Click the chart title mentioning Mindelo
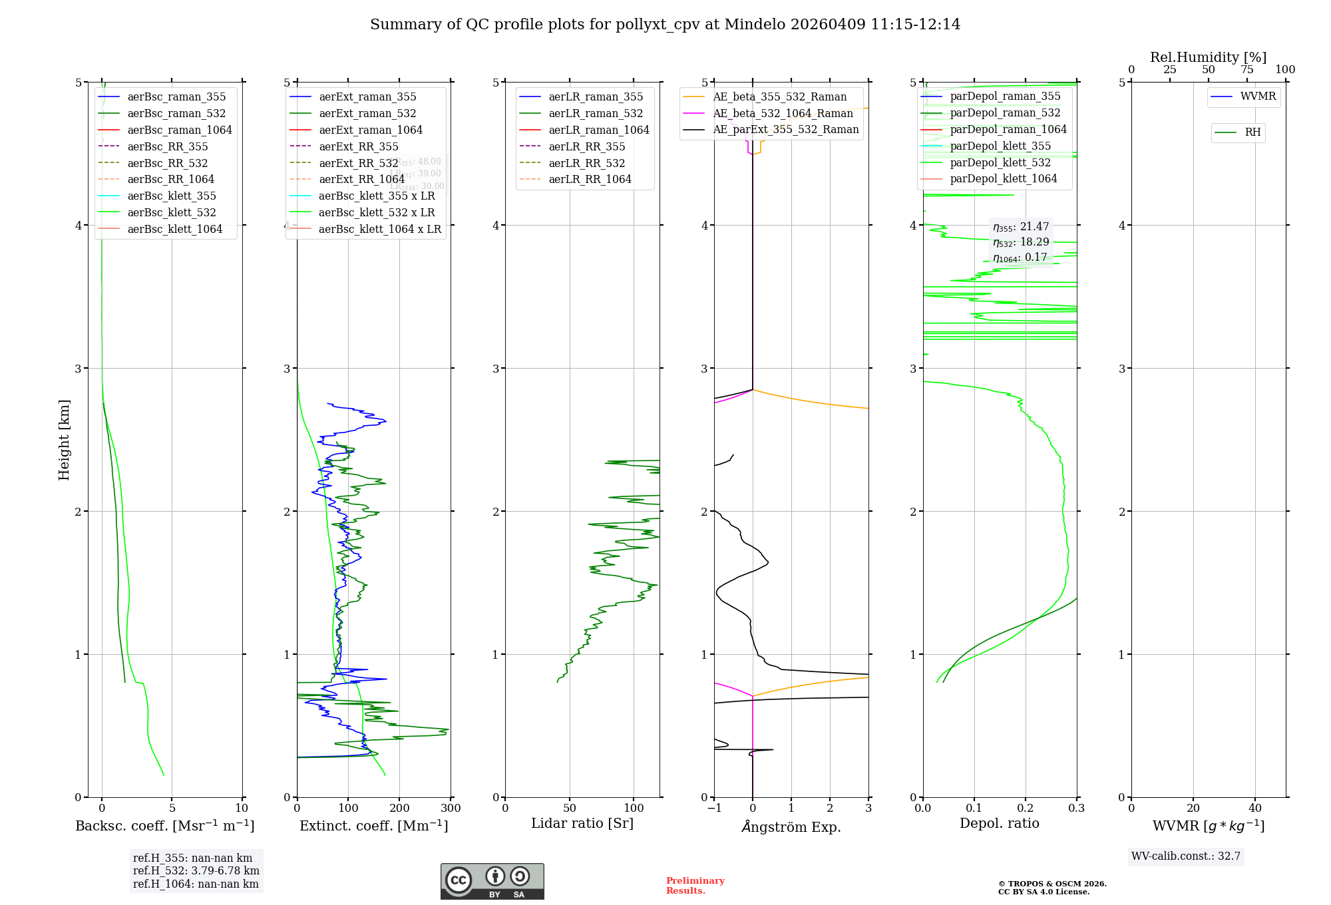click(665, 25)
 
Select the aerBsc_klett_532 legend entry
click(171, 212)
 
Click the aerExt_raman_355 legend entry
click(367, 97)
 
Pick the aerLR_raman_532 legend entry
click(596, 114)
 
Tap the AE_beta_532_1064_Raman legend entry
click(783, 113)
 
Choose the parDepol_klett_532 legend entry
click(1000, 162)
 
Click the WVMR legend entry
click(1258, 96)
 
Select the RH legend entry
click(1252, 132)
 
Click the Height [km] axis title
click(64, 440)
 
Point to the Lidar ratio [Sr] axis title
click(582, 823)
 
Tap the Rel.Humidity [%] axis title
click(1208, 57)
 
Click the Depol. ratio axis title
click(999, 823)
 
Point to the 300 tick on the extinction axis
click(451, 809)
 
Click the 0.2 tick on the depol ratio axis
click(1026, 809)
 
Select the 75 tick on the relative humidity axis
click(1246, 70)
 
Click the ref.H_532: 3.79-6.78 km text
click(196, 870)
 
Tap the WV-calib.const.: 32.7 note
click(1186, 856)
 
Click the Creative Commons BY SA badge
click(492, 881)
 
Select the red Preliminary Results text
click(695, 885)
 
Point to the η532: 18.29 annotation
click(1021, 242)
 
